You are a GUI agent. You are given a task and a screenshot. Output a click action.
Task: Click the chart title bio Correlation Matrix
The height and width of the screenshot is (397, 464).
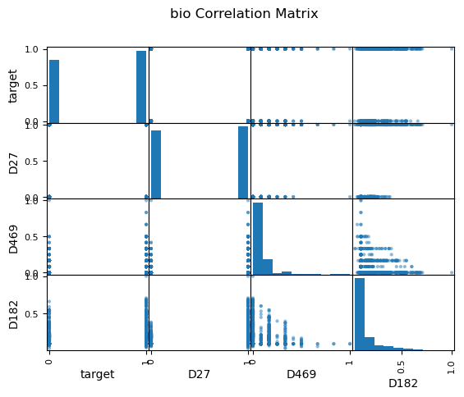[244, 14]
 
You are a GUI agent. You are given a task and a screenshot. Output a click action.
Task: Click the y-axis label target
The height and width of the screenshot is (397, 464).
[12, 86]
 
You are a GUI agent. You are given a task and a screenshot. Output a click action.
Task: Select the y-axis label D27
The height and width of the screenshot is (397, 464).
[13, 164]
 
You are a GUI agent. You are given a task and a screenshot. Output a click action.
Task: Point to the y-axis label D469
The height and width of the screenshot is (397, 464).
[13, 240]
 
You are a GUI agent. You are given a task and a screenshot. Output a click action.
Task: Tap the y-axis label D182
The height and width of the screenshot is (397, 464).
[13, 315]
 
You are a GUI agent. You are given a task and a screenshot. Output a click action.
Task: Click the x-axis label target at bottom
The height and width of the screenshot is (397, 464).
[98, 374]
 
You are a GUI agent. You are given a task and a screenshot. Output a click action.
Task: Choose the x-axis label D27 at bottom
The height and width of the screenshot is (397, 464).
[199, 374]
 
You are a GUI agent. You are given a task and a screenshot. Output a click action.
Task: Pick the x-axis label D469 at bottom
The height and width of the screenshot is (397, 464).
[301, 374]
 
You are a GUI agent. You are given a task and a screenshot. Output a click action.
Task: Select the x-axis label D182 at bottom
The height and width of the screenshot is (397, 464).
[403, 383]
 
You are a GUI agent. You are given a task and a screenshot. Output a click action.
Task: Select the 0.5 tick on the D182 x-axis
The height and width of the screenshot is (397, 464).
[401, 367]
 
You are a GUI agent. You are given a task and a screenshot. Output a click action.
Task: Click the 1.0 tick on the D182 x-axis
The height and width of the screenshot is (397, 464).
[451, 367]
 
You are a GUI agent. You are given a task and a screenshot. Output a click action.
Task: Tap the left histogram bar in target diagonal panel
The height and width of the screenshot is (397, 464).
[54, 91]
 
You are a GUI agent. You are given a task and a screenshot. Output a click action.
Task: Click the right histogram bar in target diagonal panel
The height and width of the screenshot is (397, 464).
[141, 87]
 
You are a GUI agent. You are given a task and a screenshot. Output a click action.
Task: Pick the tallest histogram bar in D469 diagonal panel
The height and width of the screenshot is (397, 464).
[258, 239]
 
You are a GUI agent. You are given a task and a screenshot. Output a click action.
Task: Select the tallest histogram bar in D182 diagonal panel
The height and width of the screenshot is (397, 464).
[360, 314]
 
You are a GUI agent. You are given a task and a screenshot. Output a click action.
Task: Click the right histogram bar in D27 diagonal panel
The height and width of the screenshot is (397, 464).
[243, 162]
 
